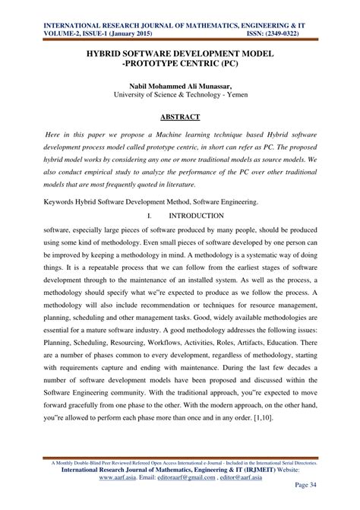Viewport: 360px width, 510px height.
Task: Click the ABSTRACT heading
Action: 179,118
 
